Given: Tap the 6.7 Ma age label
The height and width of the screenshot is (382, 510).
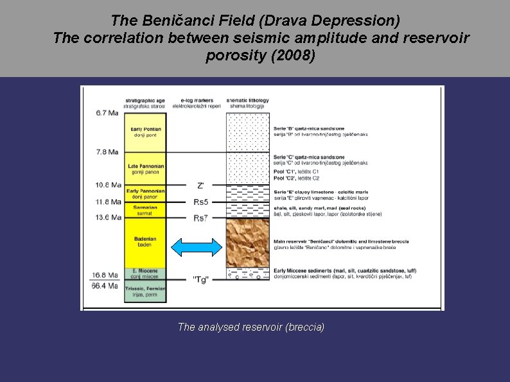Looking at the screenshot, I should [104, 113].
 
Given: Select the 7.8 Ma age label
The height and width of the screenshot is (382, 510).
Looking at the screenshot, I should [104, 152].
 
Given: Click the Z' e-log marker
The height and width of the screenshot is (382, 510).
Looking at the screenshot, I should [200, 186].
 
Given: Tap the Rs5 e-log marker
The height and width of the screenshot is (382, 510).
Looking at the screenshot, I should [200, 202].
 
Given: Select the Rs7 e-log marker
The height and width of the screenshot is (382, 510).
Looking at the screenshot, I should [200, 218].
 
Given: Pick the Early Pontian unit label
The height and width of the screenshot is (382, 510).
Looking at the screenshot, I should [146, 132].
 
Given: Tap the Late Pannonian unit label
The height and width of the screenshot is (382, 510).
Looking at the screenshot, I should [146, 169].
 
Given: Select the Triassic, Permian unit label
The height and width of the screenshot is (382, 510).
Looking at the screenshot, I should [145, 291].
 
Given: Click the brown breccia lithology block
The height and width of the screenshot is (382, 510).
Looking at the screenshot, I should [247, 243].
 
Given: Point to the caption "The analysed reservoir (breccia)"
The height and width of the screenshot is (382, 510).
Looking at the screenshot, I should [251, 327].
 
